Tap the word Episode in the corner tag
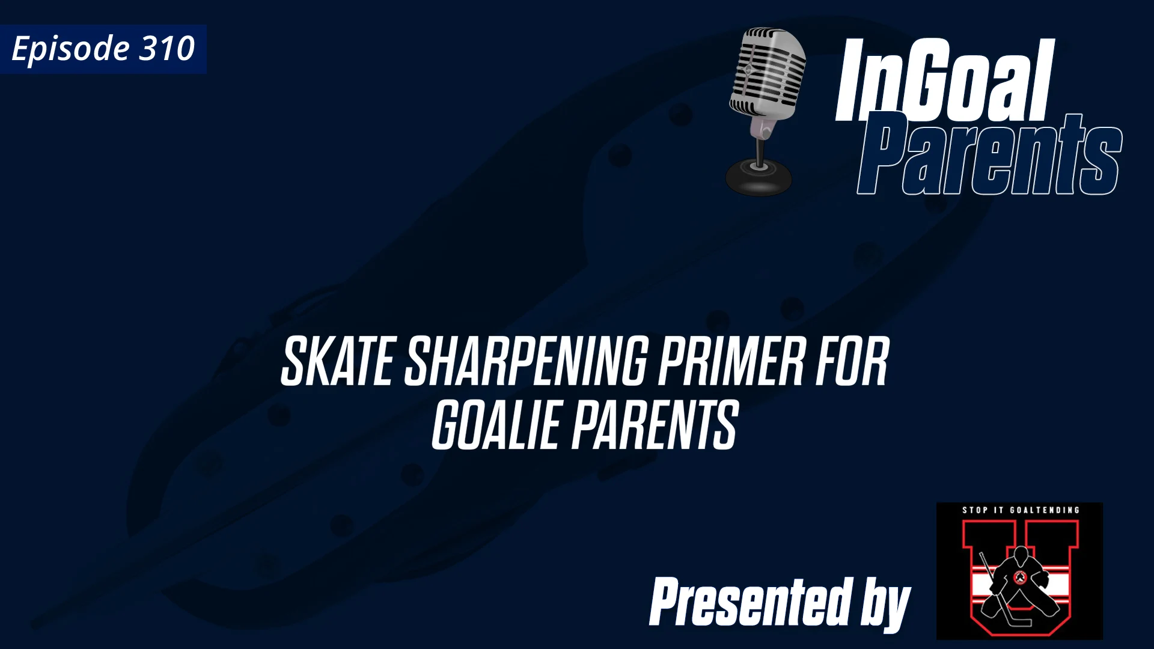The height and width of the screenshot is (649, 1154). pyautogui.click(x=70, y=49)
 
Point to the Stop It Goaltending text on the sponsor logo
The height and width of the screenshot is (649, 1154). pyautogui.click(x=1021, y=510)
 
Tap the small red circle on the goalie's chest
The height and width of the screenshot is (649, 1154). pyautogui.click(x=1020, y=578)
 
